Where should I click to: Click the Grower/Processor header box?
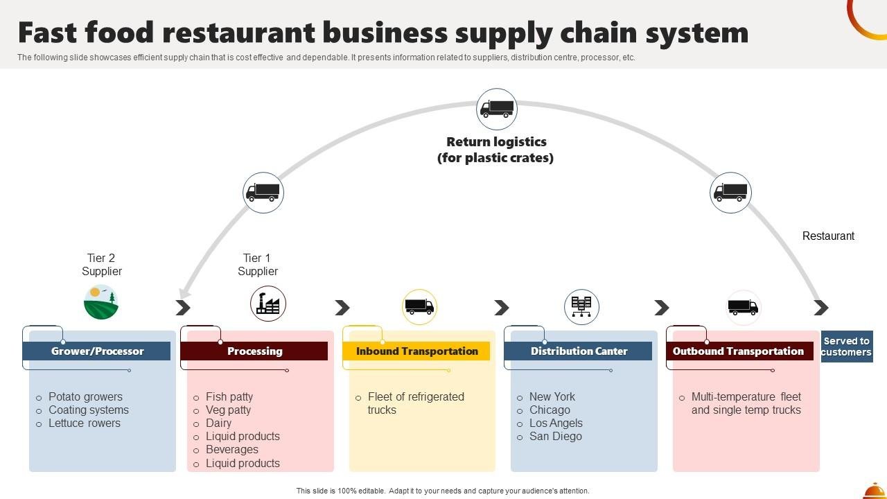point(96,351)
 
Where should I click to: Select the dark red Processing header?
point(254,351)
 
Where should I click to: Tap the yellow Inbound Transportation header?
point(416,351)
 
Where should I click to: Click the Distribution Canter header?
point(579,351)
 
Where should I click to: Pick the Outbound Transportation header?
point(739,351)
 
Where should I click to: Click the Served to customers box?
point(846,347)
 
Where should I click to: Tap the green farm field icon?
point(101,302)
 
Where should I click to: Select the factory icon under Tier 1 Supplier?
point(268,304)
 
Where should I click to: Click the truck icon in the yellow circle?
point(419,306)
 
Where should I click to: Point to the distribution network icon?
point(581,306)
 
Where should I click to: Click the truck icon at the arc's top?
point(497,109)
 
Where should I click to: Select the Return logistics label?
point(495,150)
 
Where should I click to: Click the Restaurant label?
point(828,236)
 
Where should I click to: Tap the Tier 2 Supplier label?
point(102,265)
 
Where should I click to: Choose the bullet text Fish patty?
point(229,397)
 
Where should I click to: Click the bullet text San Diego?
point(555,437)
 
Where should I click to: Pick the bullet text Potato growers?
point(85,397)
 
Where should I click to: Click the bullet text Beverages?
point(231,450)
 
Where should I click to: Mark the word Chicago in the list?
point(550,410)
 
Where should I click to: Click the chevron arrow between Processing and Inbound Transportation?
point(342,307)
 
